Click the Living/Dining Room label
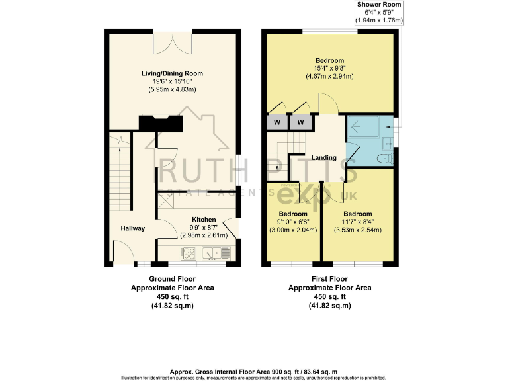pyautogui.click(x=172, y=73)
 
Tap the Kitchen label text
pyautogui.click(x=204, y=219)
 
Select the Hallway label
pyautogui.click(x=132, y=228)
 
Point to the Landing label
pyautogui.click(x=325, y=157)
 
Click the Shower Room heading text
pyautogui.click(x=379, y=5)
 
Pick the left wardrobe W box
pyautogui.click(x=276, y=122)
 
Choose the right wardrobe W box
pyautogui.click(x=301, y=122)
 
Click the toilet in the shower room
pyautogui.click(x=382, y=159)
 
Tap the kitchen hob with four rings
pyautogui.click(x=188, y=252)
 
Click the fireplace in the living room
pyautogui.click(x=160, y=122)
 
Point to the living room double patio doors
pyautogui.click(x=172, y=44)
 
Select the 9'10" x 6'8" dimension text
pyautogui.click(x=292, y=222)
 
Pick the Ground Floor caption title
pyautogui.click(x=171, y=279)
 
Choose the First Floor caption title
pyautogui.click(x=329, y=279)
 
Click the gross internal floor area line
pyautogui.click(x=254, y=372)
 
